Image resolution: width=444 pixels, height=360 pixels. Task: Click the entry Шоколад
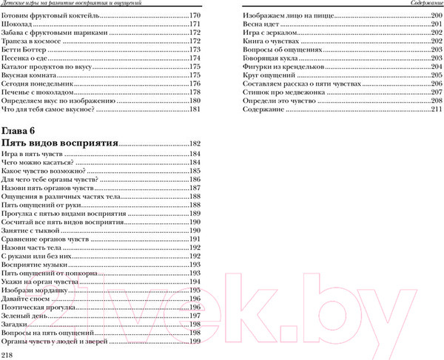[19, 25]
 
